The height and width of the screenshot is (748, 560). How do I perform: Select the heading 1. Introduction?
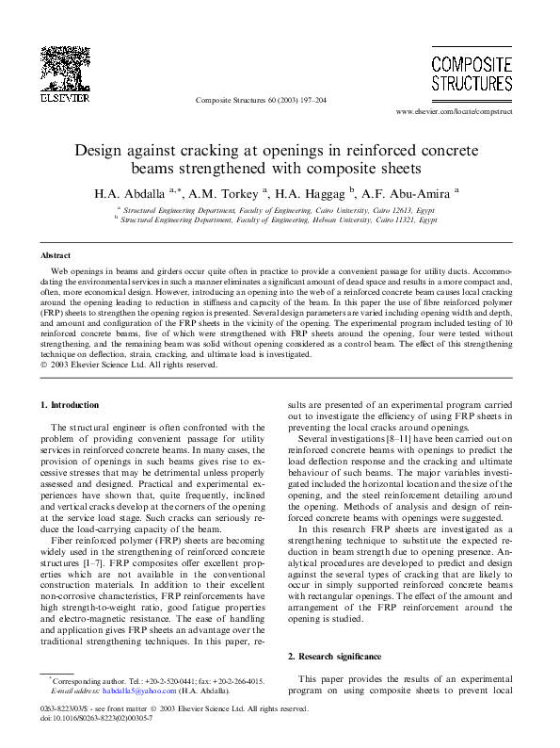pyautogui.click(x=71, y=404)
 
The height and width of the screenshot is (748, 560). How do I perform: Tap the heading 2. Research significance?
pyautogui.click(x=335, y=655)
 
